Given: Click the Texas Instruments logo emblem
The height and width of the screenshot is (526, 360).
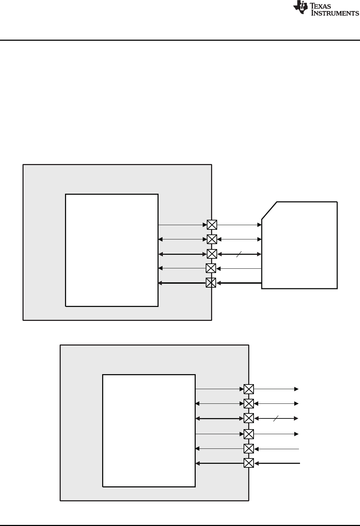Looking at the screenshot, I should click(x=300, y=8).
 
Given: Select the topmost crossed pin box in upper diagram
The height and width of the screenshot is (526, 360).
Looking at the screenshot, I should click(x=212, y=225).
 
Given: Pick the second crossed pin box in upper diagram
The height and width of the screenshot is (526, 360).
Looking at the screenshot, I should click(x=212, y=239).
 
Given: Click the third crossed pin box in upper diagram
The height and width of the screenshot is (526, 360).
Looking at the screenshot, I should click(x=212, y=254).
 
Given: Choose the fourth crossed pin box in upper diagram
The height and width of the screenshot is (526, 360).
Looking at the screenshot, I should click(x=211, y=268).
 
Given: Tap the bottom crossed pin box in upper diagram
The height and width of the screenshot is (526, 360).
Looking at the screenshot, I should click(x=211, y=283).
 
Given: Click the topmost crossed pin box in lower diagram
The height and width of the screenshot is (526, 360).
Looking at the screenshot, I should click(x=249, y=389).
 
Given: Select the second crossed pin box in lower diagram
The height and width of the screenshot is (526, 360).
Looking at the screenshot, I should click(x=249, y=403).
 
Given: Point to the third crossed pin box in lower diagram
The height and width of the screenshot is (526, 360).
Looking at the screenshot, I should click(x=249, y=418).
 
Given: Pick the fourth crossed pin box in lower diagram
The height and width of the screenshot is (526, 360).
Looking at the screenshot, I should click(x=249, y=434).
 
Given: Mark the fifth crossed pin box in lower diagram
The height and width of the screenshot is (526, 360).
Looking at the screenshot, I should click(x=249, y=448).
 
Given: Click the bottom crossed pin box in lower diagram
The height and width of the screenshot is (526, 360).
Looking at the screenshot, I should click(x=249, y=463).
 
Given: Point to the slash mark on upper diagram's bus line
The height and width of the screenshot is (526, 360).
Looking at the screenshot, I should click(x=239, y=254).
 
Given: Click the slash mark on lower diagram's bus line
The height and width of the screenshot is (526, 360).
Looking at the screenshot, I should click(x=275, y=418).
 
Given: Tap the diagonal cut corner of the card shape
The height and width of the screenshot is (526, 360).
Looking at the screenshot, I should click(x=269, y=210).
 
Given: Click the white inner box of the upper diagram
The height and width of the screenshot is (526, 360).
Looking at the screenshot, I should click(x=111, y=250).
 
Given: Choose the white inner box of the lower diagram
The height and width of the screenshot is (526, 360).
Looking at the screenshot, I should click(x=149, y=430).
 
